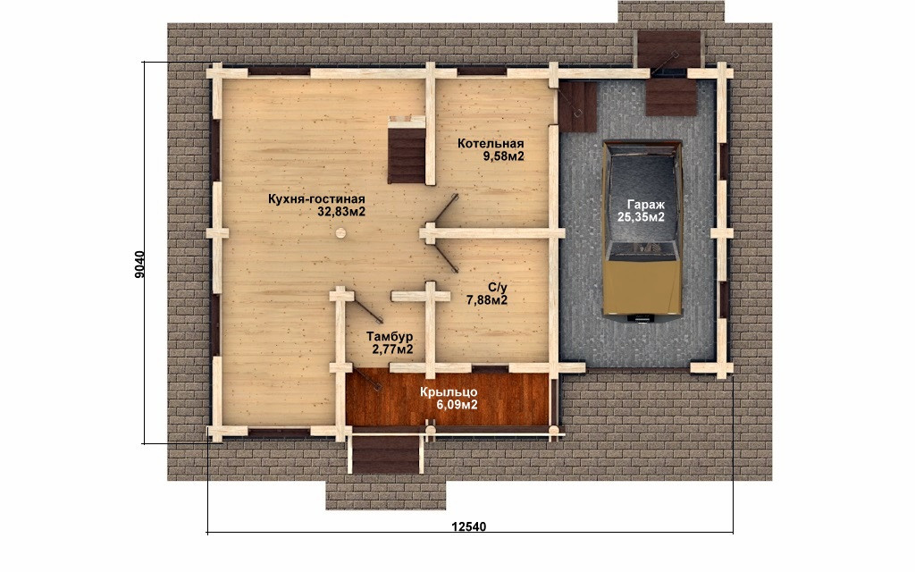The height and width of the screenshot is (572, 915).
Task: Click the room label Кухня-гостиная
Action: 316,199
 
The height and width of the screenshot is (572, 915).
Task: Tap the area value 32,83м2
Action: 341,212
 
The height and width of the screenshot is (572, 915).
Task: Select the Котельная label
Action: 491,144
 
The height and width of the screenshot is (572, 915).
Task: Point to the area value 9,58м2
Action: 503,156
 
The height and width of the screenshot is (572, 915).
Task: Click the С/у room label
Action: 498,288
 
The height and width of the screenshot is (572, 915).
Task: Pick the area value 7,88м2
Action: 487,300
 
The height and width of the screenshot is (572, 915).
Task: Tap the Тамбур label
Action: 390,337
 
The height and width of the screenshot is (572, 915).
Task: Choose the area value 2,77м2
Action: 393,349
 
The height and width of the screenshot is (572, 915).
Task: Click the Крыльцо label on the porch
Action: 449,392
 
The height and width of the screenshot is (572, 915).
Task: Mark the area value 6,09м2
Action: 457,405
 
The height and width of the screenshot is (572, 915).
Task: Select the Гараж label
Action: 646,205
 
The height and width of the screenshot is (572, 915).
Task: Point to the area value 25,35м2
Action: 641,217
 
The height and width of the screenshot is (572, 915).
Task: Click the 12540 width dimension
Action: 468,527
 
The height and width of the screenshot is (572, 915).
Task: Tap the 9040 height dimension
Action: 139,265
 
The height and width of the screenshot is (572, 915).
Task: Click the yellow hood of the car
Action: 642,287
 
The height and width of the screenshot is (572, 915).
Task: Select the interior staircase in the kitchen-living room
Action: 407,150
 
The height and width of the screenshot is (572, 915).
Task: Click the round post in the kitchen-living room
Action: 340,233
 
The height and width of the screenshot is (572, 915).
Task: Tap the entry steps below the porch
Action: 386,454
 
